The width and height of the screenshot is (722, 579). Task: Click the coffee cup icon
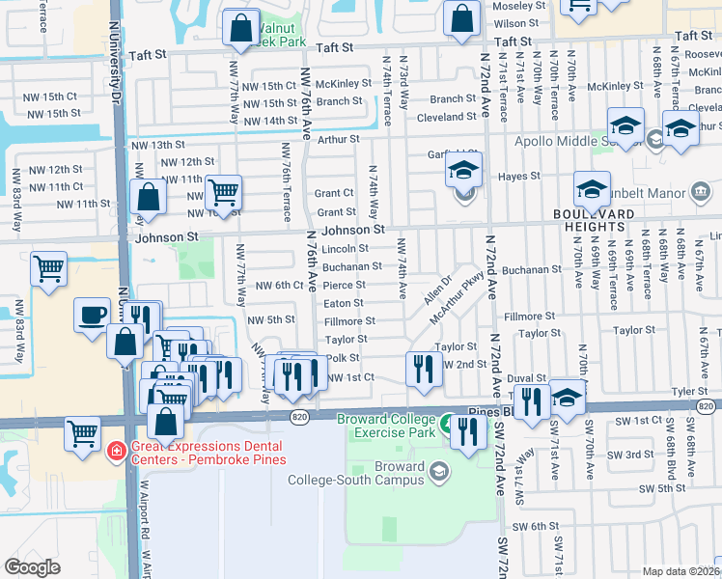[94, 315]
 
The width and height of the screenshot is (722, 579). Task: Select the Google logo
[33, 567]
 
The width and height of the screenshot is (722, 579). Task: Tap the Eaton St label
[344, 303]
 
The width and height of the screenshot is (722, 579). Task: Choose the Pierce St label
[344, 286]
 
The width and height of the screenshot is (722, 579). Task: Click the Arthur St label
[338, 140]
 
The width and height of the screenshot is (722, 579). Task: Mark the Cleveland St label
[446, 118]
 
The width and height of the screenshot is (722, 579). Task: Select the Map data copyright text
[681, 571]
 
